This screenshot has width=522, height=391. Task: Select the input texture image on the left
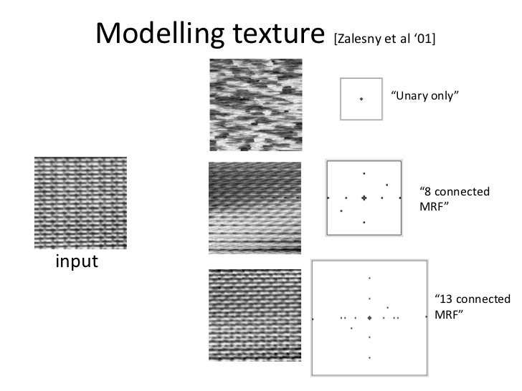click(80, 203)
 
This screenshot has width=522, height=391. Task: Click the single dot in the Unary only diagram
click(361, 99)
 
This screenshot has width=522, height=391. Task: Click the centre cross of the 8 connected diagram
click(364, 198)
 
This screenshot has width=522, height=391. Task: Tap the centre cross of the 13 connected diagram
click(369, 317)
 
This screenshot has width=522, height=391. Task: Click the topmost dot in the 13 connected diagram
click(369, 278)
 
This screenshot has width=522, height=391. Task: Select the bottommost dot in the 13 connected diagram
click(369, 357)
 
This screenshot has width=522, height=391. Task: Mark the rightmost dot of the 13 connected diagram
click(426, 317)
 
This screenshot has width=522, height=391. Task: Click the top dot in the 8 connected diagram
click(364, 173)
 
